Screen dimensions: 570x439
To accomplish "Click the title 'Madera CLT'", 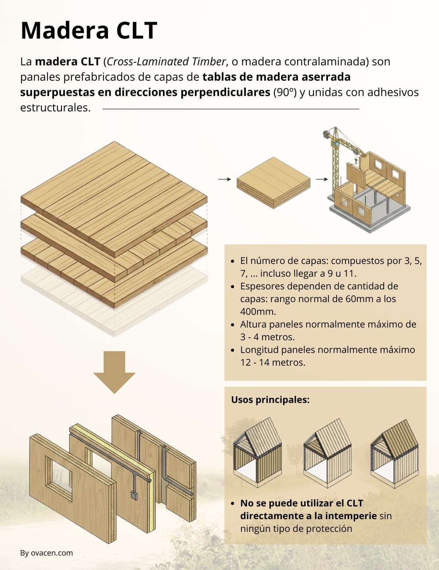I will [89, 30].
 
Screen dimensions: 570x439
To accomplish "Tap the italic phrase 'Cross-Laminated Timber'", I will [166, 61].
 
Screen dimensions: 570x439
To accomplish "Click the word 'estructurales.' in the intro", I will [55, 108].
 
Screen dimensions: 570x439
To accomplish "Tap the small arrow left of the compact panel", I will [224, 179].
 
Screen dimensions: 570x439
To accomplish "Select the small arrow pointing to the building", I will [322, 179].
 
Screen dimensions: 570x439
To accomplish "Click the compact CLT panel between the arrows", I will [273, 182].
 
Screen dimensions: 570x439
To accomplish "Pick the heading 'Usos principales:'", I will [270, 400].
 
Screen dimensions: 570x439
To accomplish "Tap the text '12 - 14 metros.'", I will [273, 363].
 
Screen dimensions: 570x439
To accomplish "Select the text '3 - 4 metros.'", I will [267, 337].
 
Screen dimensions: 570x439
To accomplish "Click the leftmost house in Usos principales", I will [257, 452].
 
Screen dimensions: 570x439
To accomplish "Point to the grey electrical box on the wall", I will [134, 495].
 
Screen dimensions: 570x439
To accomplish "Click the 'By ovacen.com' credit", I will [47, 553].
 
